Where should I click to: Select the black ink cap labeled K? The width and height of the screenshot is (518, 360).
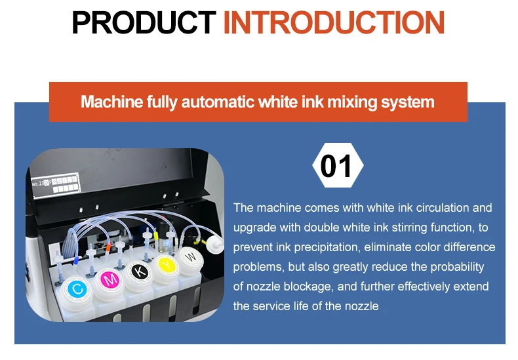click(x=138, y=271)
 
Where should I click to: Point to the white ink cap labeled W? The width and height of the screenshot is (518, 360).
click(x=190, y=256)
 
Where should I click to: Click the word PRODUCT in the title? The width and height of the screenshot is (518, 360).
click(x=144, y=23)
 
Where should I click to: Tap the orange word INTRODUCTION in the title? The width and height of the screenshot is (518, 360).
click(x=334, y=23)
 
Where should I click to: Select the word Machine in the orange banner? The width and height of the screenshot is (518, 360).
click(x=109, y=102)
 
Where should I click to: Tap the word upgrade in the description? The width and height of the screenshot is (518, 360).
click(x=254, y=228)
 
